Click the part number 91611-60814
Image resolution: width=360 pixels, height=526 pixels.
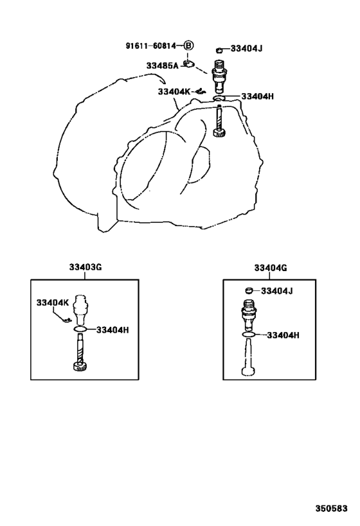pos(150,46)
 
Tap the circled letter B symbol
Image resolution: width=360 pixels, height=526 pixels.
pos(188,46)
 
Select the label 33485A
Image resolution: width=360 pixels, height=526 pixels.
pos(162,66)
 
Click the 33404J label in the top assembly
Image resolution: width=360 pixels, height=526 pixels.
pos(246,49)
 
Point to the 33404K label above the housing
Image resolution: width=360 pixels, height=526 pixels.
pos(174,91)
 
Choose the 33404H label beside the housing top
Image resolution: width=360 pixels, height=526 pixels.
pos(258,96)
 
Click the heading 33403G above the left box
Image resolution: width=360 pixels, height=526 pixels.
pos(85,267)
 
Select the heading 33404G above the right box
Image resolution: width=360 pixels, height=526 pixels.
pos(271,268)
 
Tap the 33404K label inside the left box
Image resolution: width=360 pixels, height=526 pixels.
pos(52,303)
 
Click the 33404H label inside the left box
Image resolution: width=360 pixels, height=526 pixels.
pos(113,330)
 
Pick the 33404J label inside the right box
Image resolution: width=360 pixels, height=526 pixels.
pos(276,291)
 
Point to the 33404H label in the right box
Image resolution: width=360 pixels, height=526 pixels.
pos(283,335)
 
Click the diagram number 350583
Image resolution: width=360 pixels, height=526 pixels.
pos(331,509)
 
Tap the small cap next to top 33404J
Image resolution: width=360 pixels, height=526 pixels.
pos(219,50)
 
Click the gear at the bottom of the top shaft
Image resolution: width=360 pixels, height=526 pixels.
pos(220,133)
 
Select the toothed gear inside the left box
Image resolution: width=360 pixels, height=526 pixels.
pos(80,366)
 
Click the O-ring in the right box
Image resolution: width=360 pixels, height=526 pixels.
pos(249,335)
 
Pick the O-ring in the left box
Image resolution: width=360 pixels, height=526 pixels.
pos(80,329)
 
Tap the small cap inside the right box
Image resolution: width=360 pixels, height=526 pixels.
pos(248,290)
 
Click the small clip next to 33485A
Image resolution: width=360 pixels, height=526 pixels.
pos(190,64)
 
